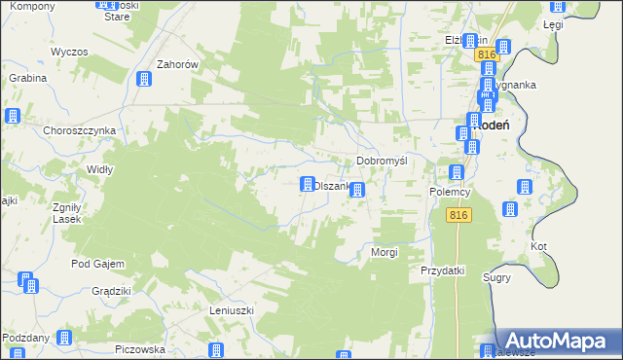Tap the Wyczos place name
(x=69, y=51)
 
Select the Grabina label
(x=28, y=77)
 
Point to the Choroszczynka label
(x=80, y=129)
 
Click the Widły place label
(x=128, y=168)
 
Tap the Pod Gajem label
(x=94, y=263)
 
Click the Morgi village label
(x=385, y=252)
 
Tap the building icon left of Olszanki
(x=308, y=184)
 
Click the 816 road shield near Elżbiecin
(x=488, y=55)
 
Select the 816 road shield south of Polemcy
(x=460, y=216)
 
